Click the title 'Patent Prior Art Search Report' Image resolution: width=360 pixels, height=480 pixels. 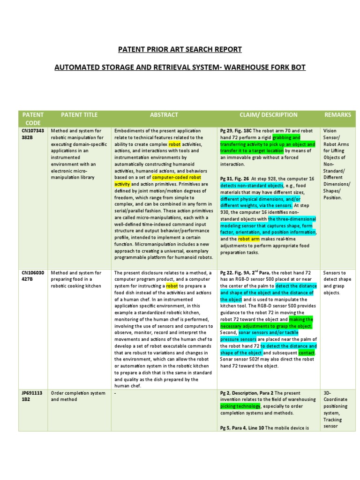[x=180, y=49]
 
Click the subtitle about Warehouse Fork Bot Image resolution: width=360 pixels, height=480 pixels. [x=180, y=67]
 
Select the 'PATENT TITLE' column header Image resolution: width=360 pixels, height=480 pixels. [x=79, y=115]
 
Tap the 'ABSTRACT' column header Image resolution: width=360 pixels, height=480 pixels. [x=164, y=115]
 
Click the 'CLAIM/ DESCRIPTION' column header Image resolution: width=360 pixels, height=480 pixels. [x=268, y=115]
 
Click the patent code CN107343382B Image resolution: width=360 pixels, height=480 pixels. [x=32, y=134]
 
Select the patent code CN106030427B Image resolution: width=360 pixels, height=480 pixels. [x=32, y=276]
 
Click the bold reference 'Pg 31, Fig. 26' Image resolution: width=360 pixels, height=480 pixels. [x=237, y=178]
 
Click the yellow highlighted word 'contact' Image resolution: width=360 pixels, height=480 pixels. [x=307, y=352]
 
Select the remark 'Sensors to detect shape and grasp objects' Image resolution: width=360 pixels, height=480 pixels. [x=335, y=282]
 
